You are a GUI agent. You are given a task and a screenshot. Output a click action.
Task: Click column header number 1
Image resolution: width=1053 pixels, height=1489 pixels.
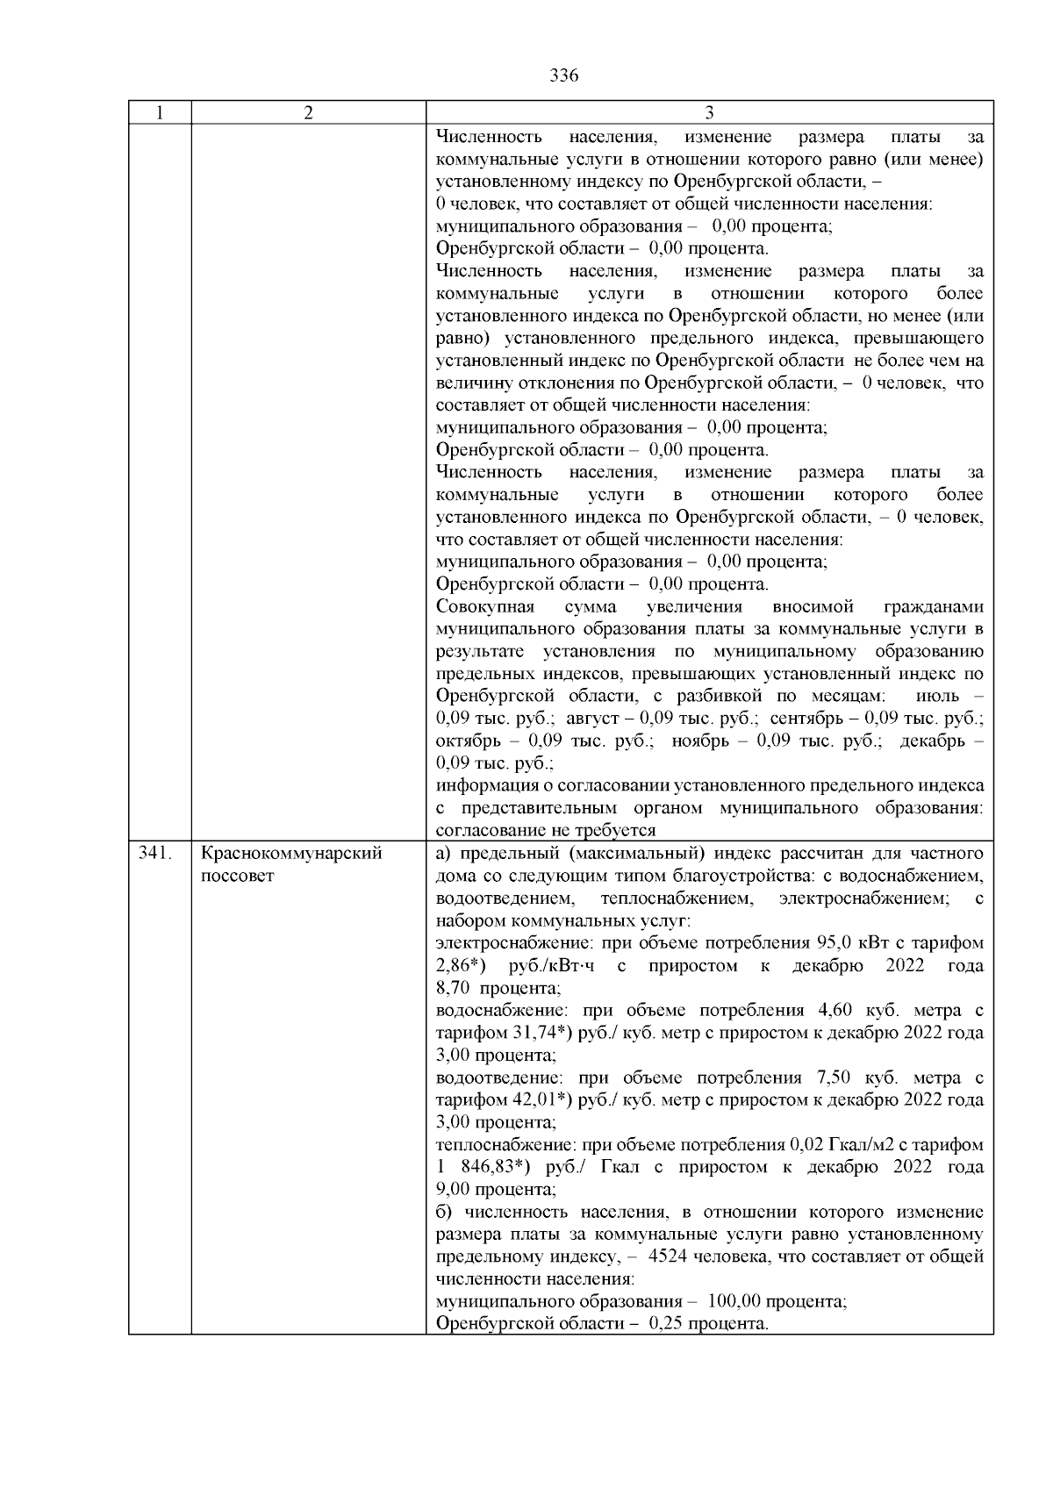160,112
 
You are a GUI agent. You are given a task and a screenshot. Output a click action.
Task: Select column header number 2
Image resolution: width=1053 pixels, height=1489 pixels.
308,112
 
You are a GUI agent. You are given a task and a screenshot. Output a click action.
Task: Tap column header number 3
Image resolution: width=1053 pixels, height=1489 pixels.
709,112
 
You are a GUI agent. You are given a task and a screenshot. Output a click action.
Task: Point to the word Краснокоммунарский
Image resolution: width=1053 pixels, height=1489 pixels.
291,853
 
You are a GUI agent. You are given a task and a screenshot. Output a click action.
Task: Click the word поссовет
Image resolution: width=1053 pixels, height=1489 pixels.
238,876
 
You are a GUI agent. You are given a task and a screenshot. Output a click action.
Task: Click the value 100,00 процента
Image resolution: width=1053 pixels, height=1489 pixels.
776,1301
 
